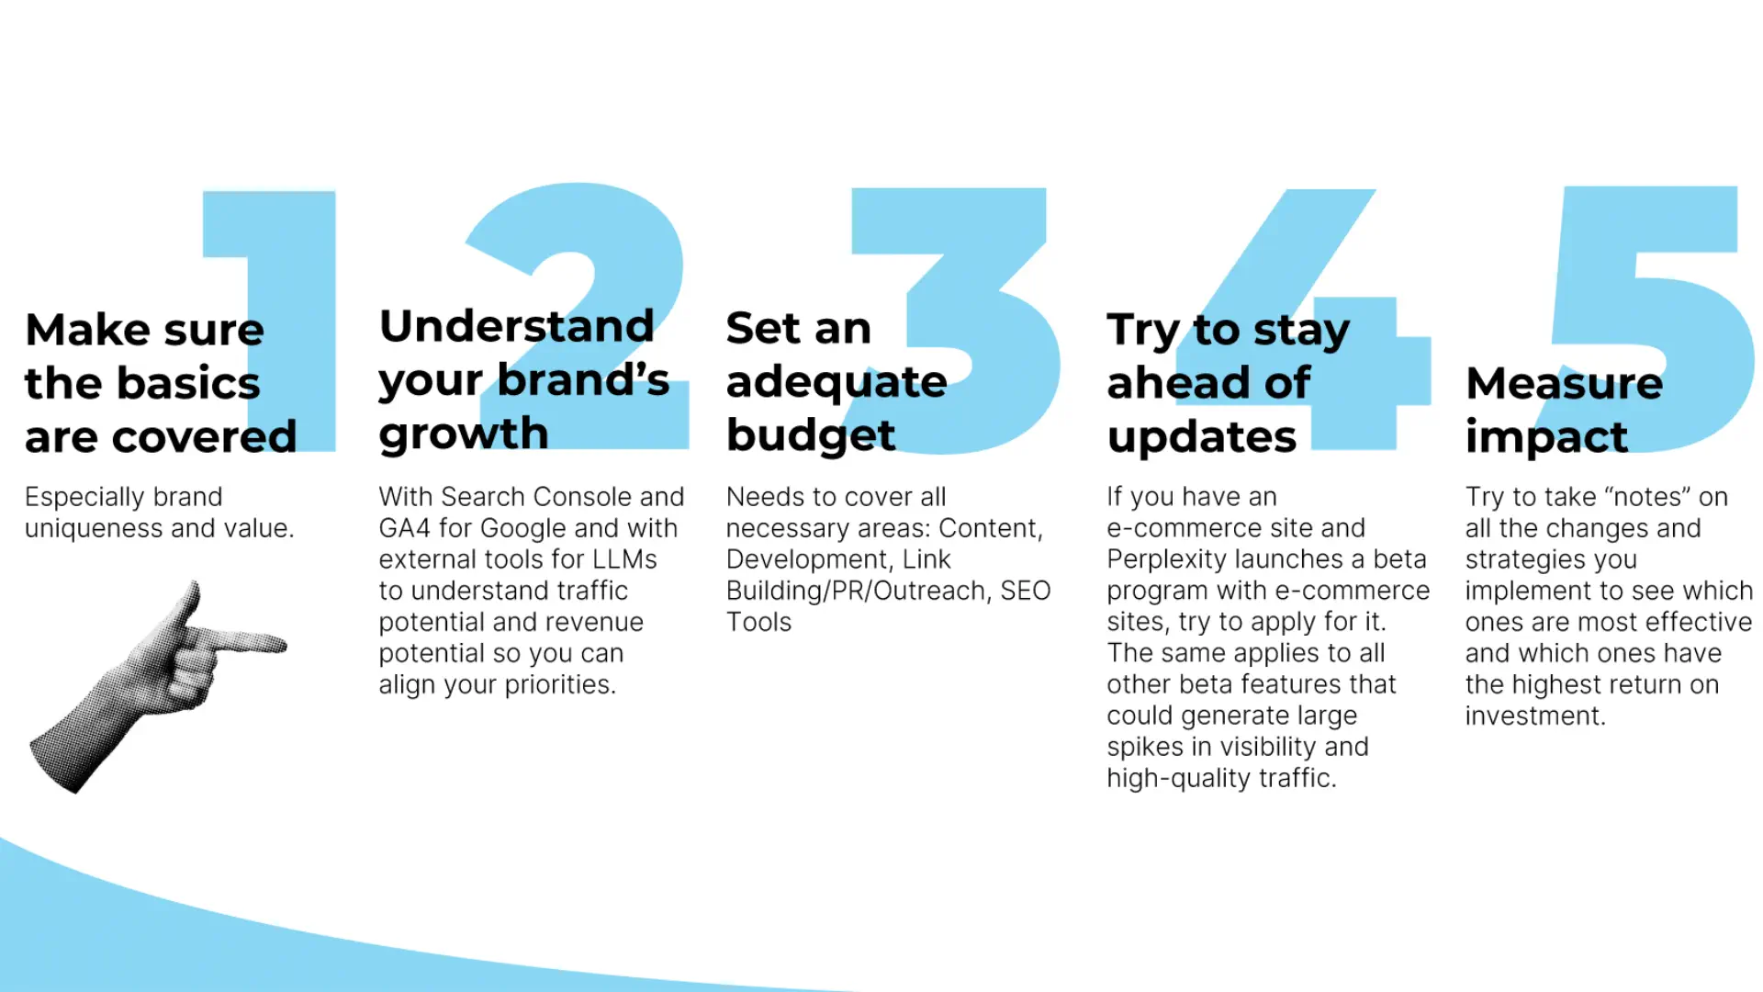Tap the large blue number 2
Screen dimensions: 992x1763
pos(588,230)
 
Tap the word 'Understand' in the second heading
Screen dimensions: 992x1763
pos(517,326)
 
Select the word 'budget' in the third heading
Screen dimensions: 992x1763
pos(811,435)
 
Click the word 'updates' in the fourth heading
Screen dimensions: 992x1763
pos(1202,437)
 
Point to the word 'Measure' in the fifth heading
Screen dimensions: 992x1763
pos(1564,383)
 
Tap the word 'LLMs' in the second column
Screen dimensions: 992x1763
pos(623,559)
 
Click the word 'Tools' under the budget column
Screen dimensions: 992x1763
pos(758,622)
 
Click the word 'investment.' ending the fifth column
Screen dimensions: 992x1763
pos(1535,716)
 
